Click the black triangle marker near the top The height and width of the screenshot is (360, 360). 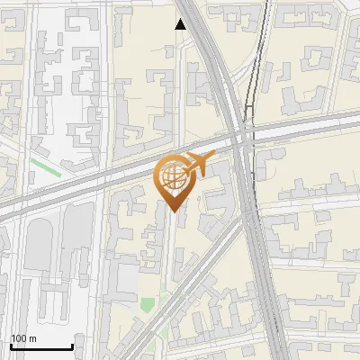[181, 24]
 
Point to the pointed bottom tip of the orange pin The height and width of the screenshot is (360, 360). [171, 212]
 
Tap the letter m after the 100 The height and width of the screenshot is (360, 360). [33, 338]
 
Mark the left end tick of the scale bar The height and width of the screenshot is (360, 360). [10, 346]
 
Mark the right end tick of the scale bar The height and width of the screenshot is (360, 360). [72, 346]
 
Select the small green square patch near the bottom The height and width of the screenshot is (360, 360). [147, 304]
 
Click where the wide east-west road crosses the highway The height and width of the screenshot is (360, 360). [241, 135]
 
